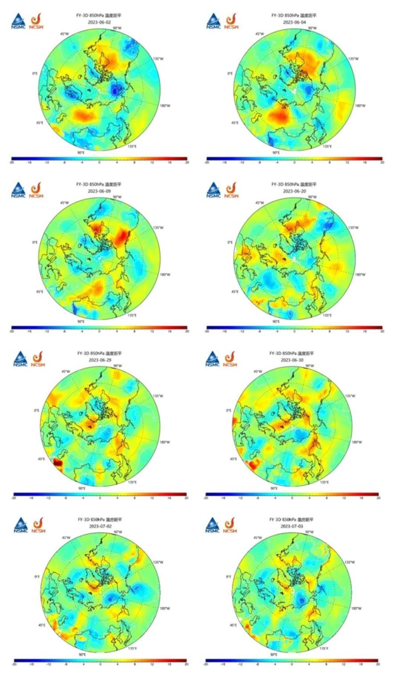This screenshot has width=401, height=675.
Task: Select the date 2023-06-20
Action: pos(294,191)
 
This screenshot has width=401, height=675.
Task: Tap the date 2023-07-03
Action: pos(292,526)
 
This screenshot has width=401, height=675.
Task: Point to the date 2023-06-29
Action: pos(100,360)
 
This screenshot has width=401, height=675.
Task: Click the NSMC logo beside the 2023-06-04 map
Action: pos(213,21)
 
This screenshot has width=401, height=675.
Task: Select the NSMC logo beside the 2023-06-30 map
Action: pos(213,359)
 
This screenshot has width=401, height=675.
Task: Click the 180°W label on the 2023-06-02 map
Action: pos(165,106)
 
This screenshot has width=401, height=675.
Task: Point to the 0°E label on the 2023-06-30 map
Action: pos(229,410)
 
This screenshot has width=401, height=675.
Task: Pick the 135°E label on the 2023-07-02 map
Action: pos(132,649)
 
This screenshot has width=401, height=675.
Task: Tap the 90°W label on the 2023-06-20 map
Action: pos(312,197)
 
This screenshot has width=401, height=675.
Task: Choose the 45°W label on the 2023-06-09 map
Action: pos(65,203)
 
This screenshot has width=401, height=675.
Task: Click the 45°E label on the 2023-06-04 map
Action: pos(235,123)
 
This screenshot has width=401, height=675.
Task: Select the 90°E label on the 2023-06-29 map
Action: pos(82,489)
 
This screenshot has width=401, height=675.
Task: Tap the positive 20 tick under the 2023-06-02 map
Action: pos(187,162)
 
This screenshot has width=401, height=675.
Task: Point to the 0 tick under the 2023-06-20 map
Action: pos(294,331)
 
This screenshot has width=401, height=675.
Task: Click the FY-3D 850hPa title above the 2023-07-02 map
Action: pos(100,520)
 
